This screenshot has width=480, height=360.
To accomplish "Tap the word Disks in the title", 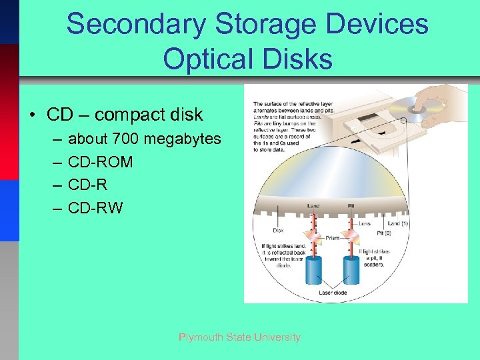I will pyautogui.click(x=299, y=59).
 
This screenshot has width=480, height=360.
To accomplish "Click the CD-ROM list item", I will pyautogui.click(x=101, y=162).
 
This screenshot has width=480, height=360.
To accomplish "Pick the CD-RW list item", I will pyautogui.click(x=96, y=208).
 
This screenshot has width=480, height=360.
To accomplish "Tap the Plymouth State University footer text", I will pyautogui.click(x=239, y=337).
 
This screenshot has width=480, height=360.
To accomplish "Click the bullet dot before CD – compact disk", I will pyautogui.click(x=32, y=115).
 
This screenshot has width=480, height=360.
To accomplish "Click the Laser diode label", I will pyautogui.click(x=333, y=292).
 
